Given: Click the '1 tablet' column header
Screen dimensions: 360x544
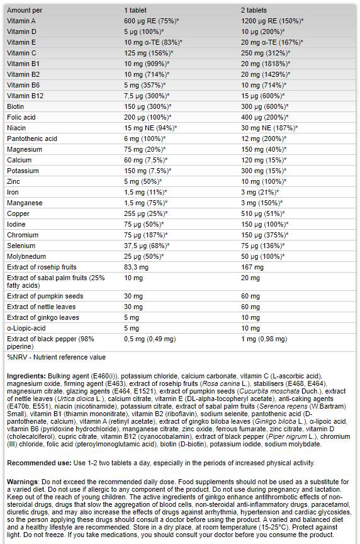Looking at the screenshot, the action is [x=135, y=11].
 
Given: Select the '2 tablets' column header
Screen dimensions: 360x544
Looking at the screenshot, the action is [x=254, y=11].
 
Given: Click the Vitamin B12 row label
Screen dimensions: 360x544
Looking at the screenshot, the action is [x=25, y=96].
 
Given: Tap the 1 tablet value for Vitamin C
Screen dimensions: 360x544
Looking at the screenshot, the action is [x=149, y=53].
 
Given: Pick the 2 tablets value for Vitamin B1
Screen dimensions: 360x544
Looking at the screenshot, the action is [x=266, y=64].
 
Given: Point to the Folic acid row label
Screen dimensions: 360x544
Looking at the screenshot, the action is [x=21, y=117].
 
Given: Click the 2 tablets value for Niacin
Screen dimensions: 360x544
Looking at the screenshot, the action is [x=269, y=128].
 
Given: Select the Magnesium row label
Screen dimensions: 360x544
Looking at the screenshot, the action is [x=25, y=149].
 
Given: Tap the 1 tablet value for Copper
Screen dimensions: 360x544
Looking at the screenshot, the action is [x=145, y=213].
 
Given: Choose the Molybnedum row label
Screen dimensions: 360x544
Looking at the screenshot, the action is [x=26, y=256].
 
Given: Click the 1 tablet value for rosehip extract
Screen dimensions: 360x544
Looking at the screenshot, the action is [x=137, y=267].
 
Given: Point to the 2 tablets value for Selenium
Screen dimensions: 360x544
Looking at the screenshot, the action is [x=263, y=246].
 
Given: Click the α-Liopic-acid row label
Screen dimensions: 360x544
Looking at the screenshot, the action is [x=26, y=328].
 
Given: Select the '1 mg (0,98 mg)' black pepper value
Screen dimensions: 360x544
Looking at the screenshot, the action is [x=264, y=339].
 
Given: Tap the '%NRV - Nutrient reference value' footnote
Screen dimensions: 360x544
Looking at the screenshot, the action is [x=56, y=358].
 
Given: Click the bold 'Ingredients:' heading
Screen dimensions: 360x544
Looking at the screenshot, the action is [x=26, y=376].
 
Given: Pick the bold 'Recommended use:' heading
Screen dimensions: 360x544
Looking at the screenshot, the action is [x=40, y=463].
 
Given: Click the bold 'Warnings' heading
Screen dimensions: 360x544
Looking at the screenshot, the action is [x=23, y=482].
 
